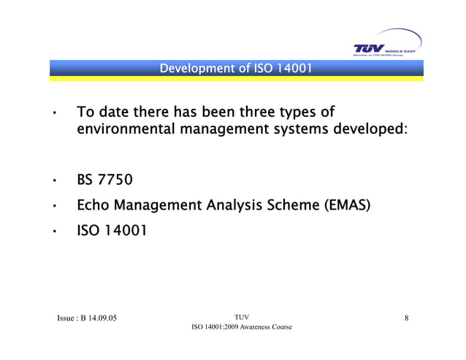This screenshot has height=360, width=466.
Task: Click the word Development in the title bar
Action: (x=192, y=70)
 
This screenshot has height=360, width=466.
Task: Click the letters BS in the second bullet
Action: (x=85, y=180)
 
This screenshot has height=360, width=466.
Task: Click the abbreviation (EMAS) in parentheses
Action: (x=347, y=206)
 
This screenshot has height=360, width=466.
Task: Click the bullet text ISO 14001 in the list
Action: (x=111, y=231)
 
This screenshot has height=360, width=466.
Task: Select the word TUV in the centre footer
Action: (x=241, y=316)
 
